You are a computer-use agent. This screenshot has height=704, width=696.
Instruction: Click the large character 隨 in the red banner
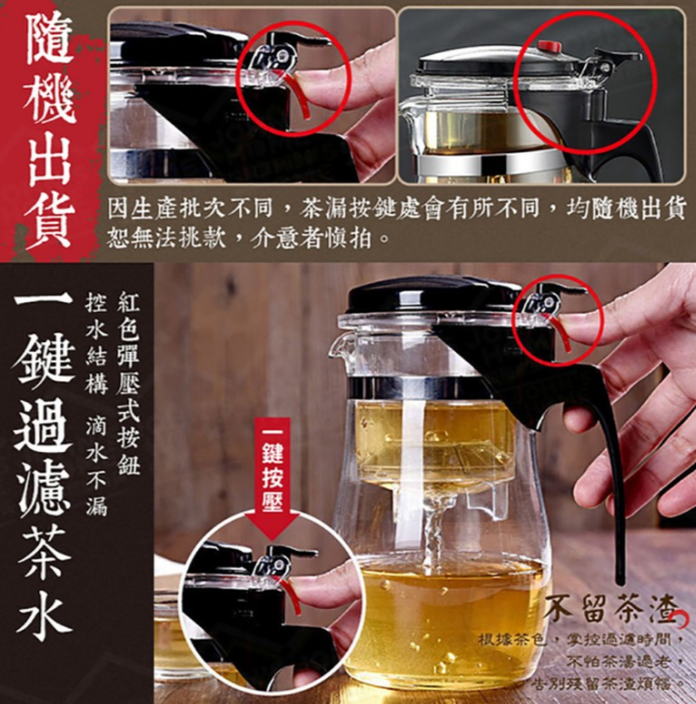pyautogui.click(x=49, y=40)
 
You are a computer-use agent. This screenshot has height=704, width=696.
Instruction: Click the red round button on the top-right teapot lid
pyautogui.click(x=550, y=46)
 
